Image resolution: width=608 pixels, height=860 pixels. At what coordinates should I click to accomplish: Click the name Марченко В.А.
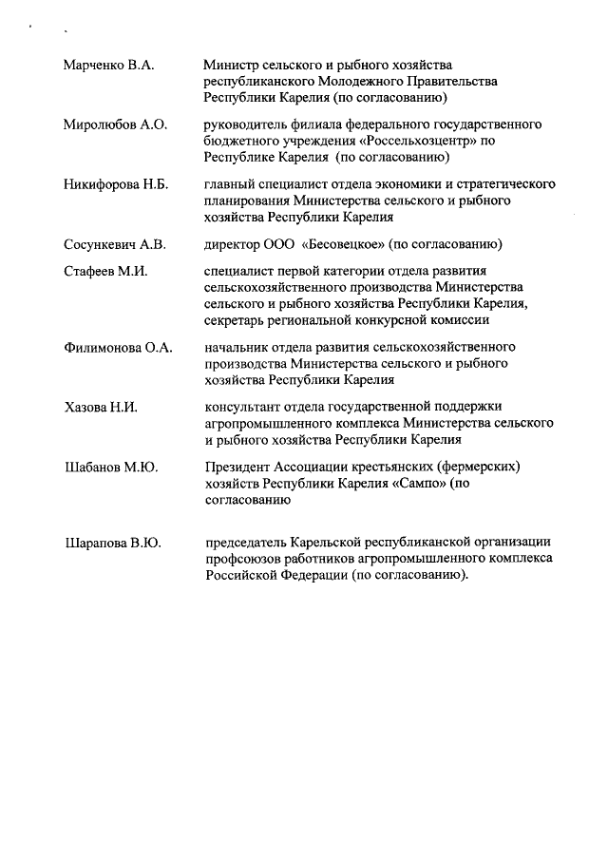pyautogui.click(x=108, y=66)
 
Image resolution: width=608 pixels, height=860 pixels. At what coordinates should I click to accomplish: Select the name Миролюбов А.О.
pyautogui.click(x=115, y=125)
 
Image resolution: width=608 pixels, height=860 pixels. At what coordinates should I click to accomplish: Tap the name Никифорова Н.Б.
pyautogui.click(x=115, y=184)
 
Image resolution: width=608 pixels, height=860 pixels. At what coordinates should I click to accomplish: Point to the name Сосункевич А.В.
pyautogui.click(x=114, y=244)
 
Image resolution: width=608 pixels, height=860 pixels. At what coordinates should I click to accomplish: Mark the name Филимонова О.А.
pyautogui.click(x=118, y=348)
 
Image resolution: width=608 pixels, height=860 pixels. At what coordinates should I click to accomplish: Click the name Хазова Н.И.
pyautogui.click(x=101, y=408)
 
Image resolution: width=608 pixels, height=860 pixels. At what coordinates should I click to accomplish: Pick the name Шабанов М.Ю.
pyautogui.click(x=110, y=468)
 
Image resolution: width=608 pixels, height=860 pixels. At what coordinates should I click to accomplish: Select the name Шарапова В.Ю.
pyautogui.click(x=112, y=544)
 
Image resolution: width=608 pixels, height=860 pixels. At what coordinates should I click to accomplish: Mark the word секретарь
pyautogui.click(x=237, y=320)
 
